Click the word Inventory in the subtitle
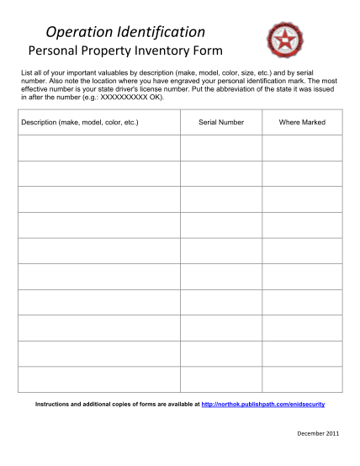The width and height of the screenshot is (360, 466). point(168,51)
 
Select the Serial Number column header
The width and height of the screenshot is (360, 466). point(221,123)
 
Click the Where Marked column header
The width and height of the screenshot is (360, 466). point(302,123)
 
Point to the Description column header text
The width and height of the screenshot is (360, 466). point(80,123)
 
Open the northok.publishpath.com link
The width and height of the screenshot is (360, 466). point(263,405)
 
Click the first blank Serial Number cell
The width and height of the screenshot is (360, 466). point(221,148)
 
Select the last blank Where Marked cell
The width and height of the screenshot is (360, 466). point(302,379)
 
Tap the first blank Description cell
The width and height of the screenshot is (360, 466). point(98,148)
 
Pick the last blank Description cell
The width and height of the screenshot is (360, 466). point(98,379)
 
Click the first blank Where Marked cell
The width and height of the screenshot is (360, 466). point(302,148)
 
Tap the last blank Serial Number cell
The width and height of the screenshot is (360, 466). point(221,379)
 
